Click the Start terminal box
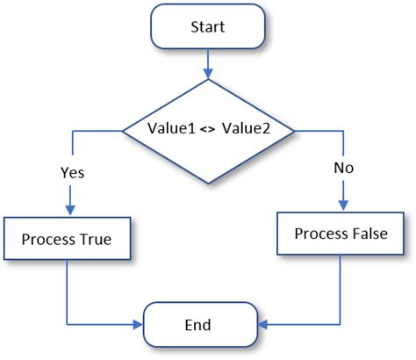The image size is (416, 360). click(208, 27)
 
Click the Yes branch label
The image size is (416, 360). click(71, 173)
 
